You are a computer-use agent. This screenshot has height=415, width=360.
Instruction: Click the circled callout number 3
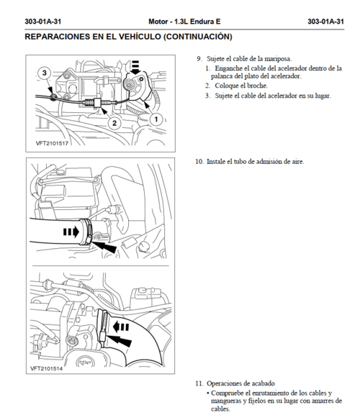pos(44,73)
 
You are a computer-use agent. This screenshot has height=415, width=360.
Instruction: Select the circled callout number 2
pos(114,123)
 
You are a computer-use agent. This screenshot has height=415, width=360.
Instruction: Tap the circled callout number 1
pos(156,119)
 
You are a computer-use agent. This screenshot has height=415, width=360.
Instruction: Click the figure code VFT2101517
pos(52,143)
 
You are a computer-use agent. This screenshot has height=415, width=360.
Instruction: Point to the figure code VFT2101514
pos(46,368)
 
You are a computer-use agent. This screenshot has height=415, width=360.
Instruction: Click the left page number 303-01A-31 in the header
pos(43,22)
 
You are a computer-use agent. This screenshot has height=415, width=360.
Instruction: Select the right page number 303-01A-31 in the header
pos(325,22)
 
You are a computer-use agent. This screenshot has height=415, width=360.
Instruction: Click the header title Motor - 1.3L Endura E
pos(184,22)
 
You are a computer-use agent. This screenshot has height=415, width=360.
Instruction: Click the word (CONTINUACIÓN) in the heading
pos(198,37)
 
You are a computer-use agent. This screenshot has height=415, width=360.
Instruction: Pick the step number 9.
pos(199,59)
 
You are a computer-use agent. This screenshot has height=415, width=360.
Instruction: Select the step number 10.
pos(199,161)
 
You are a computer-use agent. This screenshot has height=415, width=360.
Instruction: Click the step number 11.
pos(199,383)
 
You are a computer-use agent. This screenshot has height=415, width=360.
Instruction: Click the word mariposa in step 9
pos(278,59)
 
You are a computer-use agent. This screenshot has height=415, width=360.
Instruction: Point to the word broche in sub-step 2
pos(258,86)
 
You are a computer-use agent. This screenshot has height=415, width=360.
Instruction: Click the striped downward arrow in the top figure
pos(135,68)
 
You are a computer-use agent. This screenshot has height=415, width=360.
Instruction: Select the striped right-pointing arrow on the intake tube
pos(71,232)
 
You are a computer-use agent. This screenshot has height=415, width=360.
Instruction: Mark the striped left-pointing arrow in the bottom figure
pos(121,327)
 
